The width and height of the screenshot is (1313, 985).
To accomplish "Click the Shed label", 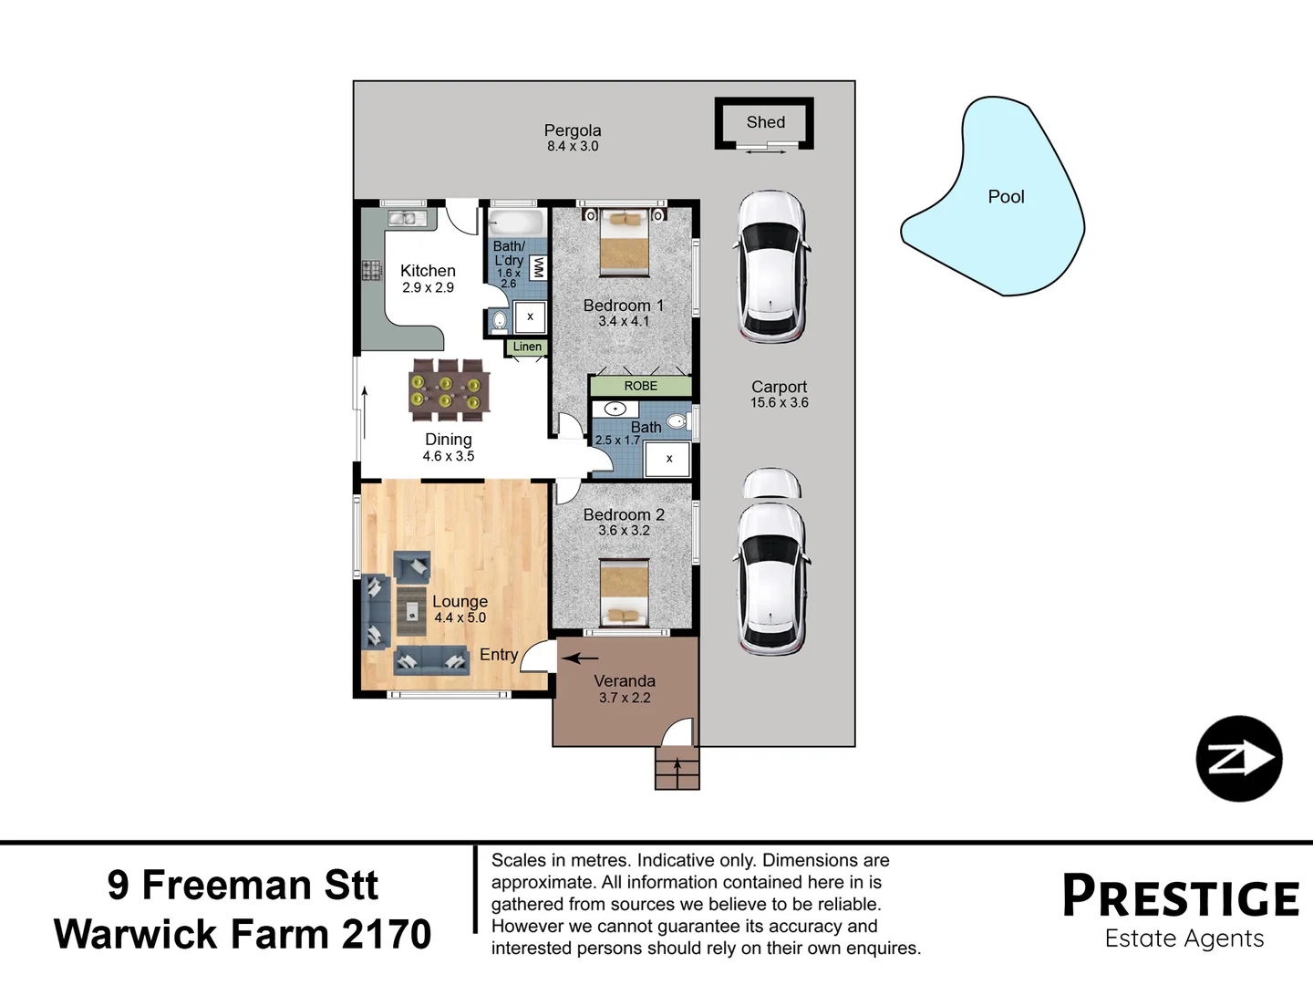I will [765, 122].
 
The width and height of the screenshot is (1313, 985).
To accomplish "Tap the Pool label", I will [1006, 197].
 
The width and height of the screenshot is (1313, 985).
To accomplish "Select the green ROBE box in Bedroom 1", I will [640, 386].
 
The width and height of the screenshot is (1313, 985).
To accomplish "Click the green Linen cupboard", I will [526, 347].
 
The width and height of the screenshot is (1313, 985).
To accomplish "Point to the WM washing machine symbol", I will [538, 267].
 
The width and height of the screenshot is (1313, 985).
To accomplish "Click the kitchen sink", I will [402, 218].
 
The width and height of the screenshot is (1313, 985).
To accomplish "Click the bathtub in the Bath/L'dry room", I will [516, 223].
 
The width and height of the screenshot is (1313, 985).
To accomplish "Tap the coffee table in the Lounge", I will [413, 610].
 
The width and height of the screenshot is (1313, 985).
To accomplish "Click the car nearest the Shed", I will [771, 265].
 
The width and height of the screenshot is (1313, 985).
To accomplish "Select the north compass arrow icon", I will [1238, 759].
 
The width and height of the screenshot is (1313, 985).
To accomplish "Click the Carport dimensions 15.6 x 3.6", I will [779, 402].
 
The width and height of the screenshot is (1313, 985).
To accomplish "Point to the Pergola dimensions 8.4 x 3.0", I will [573, 146].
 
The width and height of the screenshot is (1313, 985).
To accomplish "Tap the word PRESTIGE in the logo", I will [1181, 897].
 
